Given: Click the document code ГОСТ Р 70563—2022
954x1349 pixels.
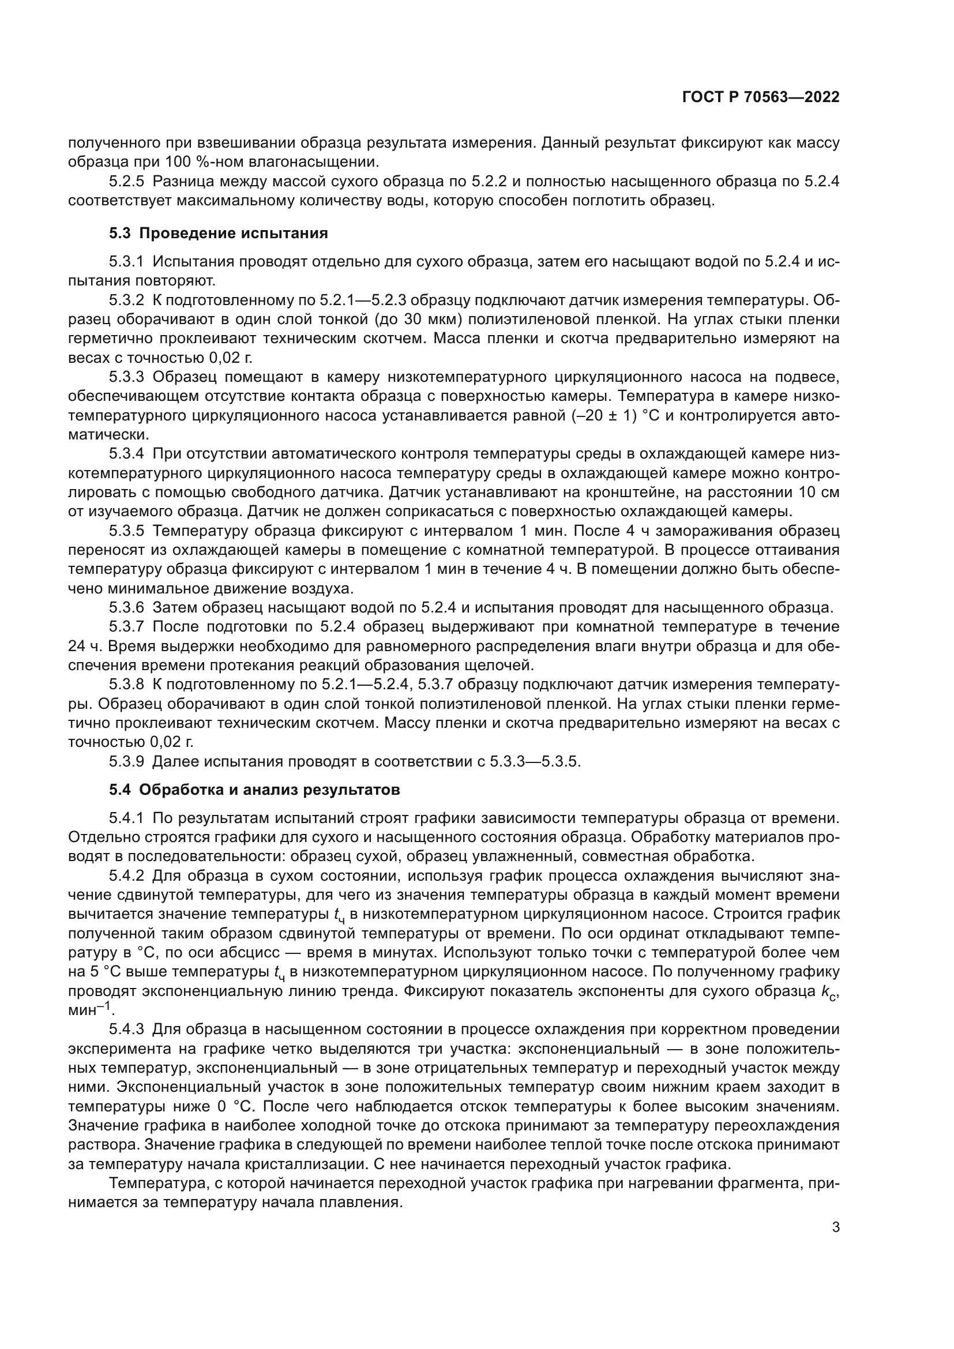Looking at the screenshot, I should click(761, 97).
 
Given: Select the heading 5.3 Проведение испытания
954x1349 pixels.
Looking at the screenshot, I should click(219, 233).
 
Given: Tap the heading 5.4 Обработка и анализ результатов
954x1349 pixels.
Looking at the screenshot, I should click(254, 790).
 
